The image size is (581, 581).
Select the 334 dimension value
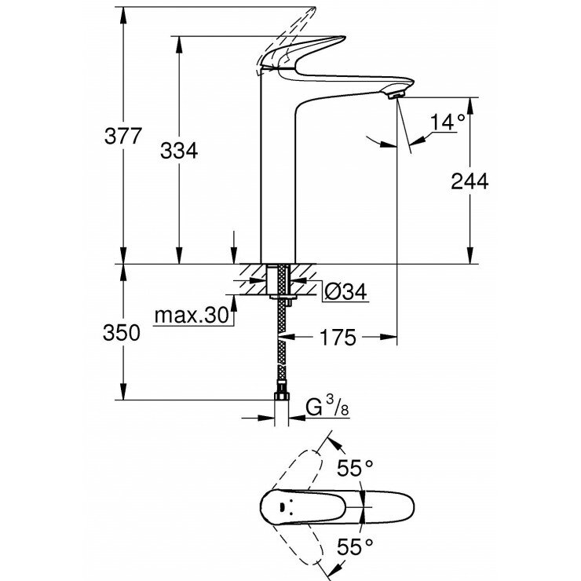point(180,150)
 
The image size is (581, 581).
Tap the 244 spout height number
point(470,181)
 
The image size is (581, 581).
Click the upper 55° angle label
point(355,470)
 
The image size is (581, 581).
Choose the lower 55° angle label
point(355,543)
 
